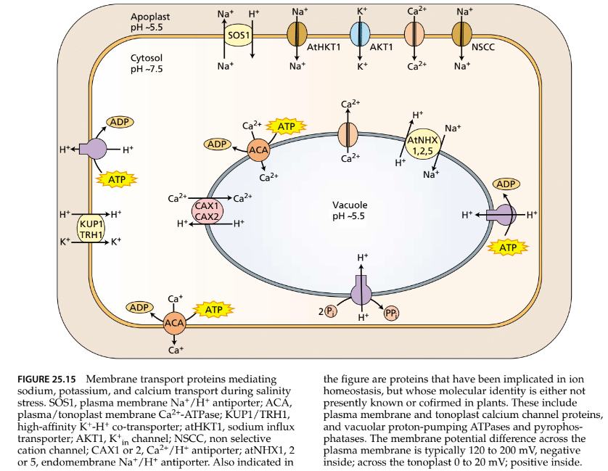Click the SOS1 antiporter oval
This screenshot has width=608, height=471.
pos(237,35)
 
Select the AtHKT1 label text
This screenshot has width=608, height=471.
pos(324,49)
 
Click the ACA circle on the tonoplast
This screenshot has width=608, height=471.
pos(258,151)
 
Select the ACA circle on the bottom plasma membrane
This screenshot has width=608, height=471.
pos(174,323)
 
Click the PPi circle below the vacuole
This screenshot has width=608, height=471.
pos(393,314)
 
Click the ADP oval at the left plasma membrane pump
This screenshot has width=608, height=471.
pos(119,122)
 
